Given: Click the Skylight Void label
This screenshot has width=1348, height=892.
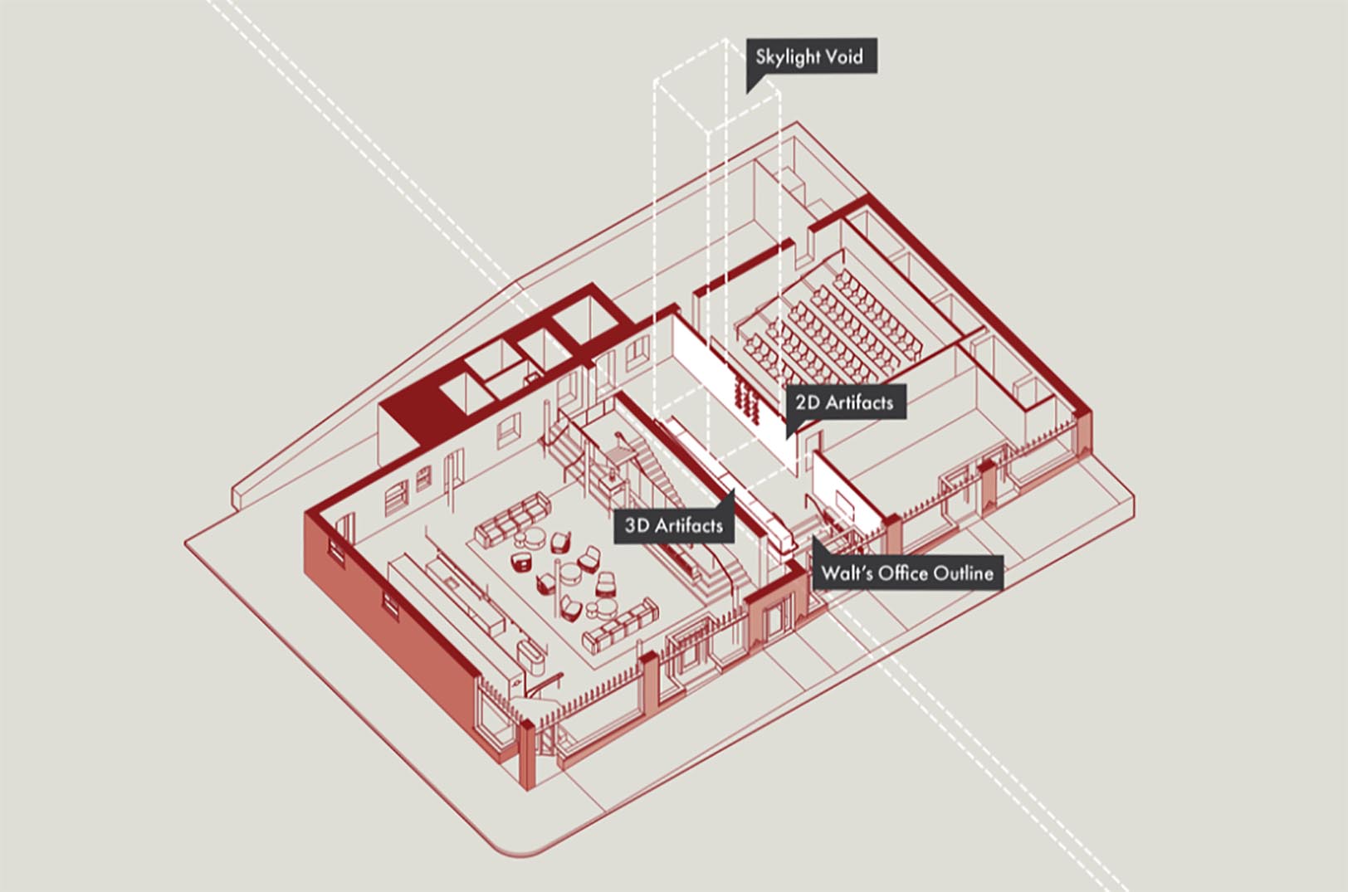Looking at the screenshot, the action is [x=812, y=56].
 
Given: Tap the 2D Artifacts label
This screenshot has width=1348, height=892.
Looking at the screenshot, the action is [x=846, y=402].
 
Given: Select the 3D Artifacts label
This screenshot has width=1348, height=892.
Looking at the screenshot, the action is [x=674, y=526].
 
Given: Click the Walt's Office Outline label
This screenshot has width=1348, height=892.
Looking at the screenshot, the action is [x=907, y=573].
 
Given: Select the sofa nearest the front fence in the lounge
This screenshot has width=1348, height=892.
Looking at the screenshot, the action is [x=620, y=626].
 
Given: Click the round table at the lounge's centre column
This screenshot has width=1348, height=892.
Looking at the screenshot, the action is [x=569, y=572].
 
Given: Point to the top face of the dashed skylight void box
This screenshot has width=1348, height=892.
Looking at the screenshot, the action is [x=717, y=85].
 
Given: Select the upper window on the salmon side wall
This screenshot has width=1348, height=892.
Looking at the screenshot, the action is [x=336, y=550].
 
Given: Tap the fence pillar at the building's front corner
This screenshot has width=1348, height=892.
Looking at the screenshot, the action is [x=527, y=756].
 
